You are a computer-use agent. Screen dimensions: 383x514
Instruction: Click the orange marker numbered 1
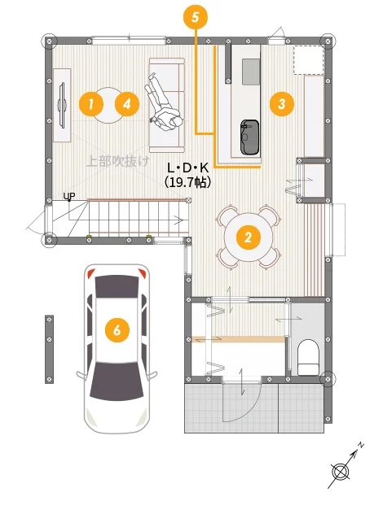[x=91, y=104]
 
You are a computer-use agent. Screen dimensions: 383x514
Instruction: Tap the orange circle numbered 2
[x=249, y=237]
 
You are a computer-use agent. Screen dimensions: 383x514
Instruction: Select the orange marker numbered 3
[x=282, y=104]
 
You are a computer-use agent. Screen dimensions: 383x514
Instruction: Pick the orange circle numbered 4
[x=127, y=104]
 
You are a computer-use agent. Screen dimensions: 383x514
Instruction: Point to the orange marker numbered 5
[x=196, y=17]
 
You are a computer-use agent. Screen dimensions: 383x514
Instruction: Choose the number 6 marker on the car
[x=117, y=330]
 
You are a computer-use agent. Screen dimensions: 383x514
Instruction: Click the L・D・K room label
[x=187, y=168]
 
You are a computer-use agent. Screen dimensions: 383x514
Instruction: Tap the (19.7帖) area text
[x=187, y=181]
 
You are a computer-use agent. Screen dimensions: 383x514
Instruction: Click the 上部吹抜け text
[x=117, y=161]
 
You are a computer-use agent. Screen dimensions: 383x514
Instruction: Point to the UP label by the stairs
[x=69, y=196]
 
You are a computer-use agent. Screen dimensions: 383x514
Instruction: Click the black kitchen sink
[x=249, y=137]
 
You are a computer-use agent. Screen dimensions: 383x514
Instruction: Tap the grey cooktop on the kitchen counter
[x=251, y=72]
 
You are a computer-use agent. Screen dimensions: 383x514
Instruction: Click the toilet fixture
[x=308, y=357]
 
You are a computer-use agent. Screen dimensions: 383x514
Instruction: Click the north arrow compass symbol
[x=344, y=467]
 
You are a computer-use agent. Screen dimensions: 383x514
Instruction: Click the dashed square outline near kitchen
[x=308, y=60]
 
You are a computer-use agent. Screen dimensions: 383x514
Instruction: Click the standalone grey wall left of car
[x=49, y=349]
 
